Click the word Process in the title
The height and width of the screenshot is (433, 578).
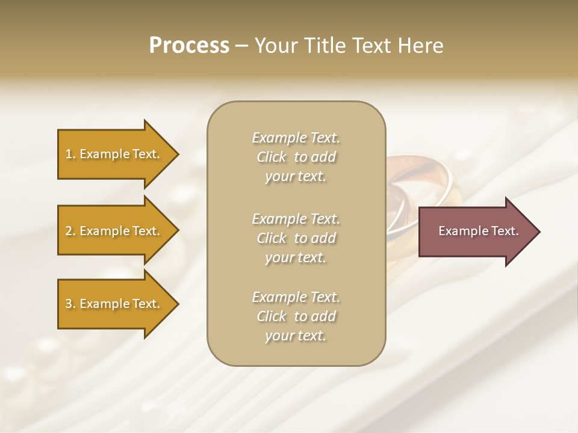point(189,46)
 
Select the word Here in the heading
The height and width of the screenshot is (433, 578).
point(421,46)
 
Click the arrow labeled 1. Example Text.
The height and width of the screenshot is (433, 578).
point(114,154)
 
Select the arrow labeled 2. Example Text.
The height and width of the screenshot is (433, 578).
point(114,231)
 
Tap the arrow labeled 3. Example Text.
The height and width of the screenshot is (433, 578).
point(114,304)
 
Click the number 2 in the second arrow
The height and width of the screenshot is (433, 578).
point(69,231)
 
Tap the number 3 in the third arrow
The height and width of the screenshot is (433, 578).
point(69,304)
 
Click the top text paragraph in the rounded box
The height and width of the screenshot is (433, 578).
point(296,157)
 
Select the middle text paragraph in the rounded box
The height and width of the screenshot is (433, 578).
point(296,238)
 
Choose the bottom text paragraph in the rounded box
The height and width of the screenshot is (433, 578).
point(296,316)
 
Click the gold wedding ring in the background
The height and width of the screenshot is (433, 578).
point(421,180)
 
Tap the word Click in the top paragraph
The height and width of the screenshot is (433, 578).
point(272,158)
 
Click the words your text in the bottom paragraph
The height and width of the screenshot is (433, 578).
point(296,336)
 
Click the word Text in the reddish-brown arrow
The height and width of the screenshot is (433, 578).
point(504,231)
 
